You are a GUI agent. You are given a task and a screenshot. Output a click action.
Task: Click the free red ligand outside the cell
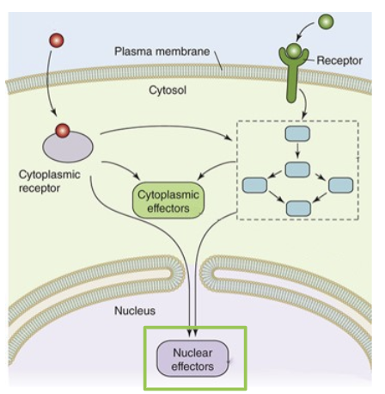coord(58,40)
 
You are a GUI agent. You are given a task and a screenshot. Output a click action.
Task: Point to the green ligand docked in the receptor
coord(295,53)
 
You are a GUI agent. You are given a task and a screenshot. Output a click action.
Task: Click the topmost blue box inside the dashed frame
coord(296,135)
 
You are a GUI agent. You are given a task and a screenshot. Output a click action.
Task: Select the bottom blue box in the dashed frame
coord(298,207)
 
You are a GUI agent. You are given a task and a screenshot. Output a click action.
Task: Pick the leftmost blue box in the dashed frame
coord(255,183)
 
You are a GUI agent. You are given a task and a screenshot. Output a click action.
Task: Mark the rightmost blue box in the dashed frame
coord(341,183)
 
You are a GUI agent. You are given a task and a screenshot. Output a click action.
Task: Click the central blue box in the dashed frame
coord(297,170)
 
